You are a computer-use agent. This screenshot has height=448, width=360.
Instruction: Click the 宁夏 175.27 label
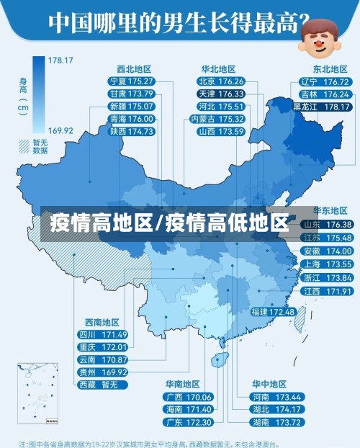coord(130,81)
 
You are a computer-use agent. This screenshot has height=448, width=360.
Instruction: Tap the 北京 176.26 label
coord(222,81)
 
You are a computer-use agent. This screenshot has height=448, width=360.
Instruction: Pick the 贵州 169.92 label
coord(103,372)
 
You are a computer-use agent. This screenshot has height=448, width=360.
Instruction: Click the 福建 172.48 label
coord(273,312)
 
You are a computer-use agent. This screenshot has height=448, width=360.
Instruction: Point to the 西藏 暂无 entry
coord(103,384)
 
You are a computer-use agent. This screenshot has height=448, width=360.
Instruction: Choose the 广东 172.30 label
coord(189,421)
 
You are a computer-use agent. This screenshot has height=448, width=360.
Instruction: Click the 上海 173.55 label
coord(327,264)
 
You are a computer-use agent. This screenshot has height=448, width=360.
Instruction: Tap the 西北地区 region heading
coord(137,69)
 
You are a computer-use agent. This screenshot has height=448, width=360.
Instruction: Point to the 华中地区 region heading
coord(269,384)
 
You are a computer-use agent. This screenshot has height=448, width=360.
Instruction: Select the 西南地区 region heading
coord(102,322)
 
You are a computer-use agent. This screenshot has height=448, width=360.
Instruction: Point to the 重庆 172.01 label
coord(103,347)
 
